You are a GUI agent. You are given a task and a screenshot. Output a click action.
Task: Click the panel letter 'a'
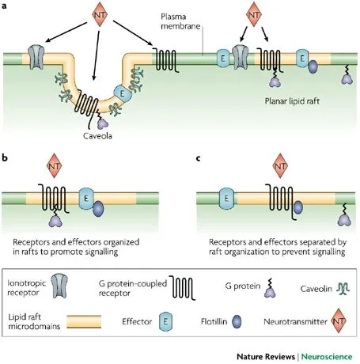pyautogui.click(x=6, y=6)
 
